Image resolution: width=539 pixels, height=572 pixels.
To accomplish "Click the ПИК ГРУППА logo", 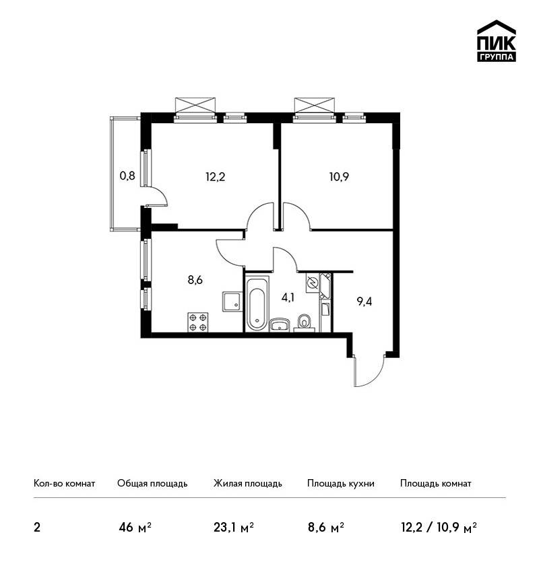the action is (497, 41).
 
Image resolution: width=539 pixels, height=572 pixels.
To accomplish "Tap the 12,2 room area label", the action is (215, 177).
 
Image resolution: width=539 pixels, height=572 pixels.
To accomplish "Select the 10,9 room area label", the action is (339, 177).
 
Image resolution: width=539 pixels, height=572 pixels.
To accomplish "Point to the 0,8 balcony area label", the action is (127, 176).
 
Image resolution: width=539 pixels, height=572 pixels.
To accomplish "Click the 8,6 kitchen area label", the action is (195, 280).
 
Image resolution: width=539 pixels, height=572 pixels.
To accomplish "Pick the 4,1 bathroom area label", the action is (288, 297).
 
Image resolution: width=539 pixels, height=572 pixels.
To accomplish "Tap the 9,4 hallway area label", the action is (364, 301).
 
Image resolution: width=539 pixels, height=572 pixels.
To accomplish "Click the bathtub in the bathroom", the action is (257, 304).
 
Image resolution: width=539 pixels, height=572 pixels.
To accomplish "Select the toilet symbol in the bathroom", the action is (305, 323).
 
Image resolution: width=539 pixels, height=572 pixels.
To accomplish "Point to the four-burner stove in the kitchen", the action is (198, 322).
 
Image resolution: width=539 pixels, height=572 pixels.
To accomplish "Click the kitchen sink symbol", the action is (232, 301).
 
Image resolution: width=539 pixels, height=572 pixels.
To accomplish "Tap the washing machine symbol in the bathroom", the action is (313, 283).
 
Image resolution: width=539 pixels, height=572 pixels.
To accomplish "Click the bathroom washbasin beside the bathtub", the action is (280, 324).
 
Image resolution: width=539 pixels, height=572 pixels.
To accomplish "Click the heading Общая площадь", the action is (152, 484).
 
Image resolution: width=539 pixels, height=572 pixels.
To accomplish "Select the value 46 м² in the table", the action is (135, 528).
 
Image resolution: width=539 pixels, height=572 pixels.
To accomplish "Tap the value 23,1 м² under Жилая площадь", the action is (234, 528).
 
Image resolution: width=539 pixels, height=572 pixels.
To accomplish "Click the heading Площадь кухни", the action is (341, 484).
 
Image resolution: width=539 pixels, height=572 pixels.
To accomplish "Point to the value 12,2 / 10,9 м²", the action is (439, 528).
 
